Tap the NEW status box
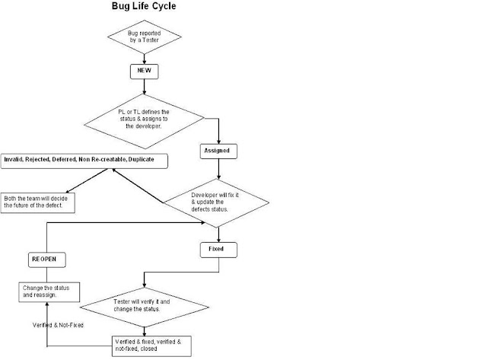(145, 70)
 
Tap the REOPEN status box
(47, 260)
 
